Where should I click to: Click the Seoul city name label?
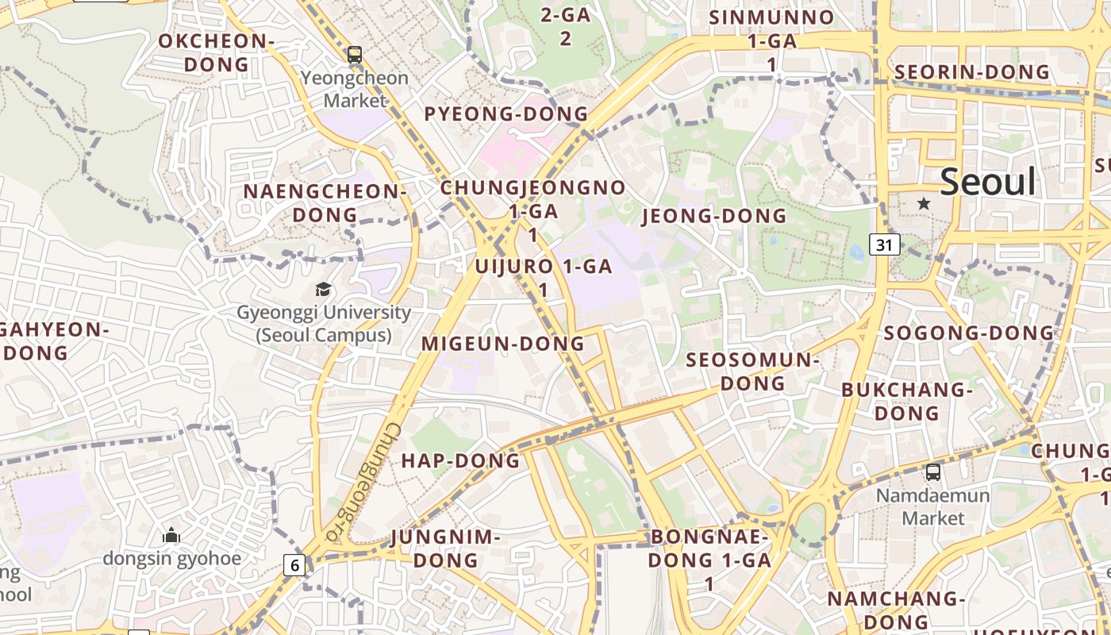988,182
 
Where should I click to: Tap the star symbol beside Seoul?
924,203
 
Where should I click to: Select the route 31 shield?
885,244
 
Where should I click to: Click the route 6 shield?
294,565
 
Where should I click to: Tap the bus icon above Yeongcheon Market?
355,55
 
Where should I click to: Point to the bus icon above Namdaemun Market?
933,472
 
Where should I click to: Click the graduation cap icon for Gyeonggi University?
323,290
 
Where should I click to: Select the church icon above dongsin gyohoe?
171,536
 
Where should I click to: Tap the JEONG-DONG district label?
713,216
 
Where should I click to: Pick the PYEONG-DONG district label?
506,114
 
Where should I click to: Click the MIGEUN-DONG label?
502,344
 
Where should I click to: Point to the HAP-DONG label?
460,460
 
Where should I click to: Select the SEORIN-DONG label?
972,72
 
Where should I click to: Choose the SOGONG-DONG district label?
969,333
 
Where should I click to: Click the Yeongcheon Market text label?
355,89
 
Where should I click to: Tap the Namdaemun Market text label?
932,507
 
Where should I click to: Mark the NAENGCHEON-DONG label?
325,203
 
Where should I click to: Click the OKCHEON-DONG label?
217,52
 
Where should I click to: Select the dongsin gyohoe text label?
171,558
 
